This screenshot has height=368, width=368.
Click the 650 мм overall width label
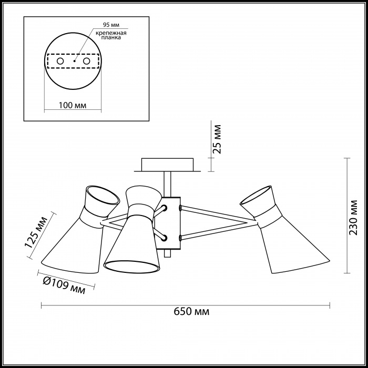coord(191,311)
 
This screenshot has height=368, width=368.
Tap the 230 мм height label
coord(353,217)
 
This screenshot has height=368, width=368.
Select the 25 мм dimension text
coord(217,139)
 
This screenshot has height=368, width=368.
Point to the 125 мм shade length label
coord(36,232)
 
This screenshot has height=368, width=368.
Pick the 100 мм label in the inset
coord(73,105)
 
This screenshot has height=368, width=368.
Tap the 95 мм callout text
coord(111,25)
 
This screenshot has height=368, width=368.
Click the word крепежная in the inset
coord(111,33)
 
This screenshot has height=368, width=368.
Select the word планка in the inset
coord(111,37)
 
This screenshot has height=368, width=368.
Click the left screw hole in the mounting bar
coord(60,62)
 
